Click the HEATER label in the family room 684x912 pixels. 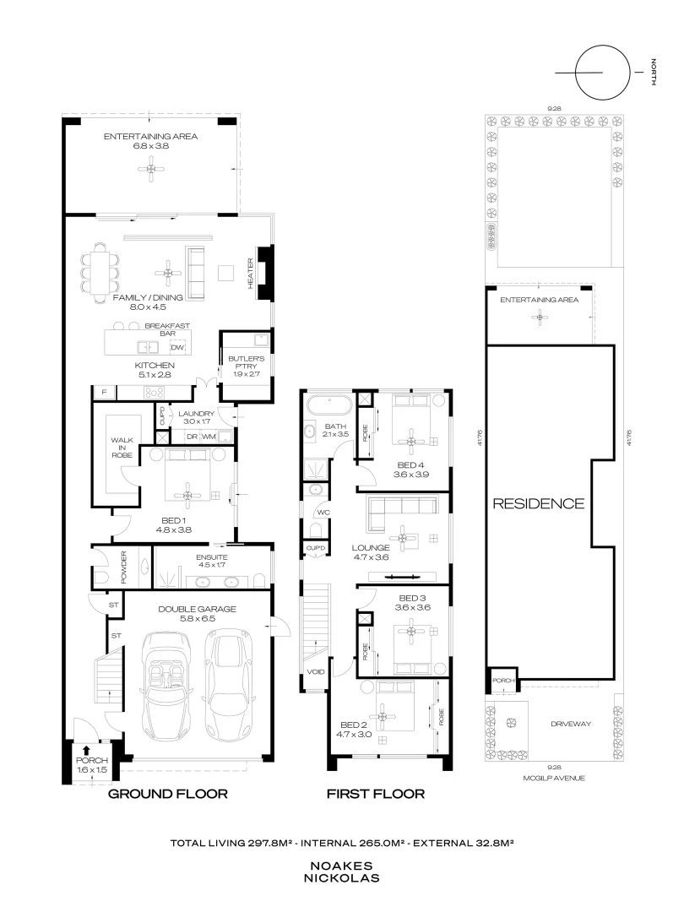pos(251,274)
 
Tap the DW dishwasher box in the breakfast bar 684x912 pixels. pos(177,348)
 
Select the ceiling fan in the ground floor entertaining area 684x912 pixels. pos(151,169)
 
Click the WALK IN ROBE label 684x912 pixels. pos(122,448)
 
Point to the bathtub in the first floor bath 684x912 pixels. pos(329,404)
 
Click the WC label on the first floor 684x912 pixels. pos(323,513)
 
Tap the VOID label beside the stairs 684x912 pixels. pos(316,672)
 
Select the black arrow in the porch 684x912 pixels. pos(86,751)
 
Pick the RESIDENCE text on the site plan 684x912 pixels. pos(539,503)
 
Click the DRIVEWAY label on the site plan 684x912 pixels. pos(571,725)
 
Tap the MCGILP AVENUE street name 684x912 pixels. pos(553,779)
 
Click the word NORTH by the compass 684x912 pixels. pos(654,72)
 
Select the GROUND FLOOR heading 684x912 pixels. pos(168,794)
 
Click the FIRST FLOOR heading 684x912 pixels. pos(376,794)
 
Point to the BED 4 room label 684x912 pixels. pos(407,465)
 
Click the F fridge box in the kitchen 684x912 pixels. pos(105,393)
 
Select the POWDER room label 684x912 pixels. pos(123,567)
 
